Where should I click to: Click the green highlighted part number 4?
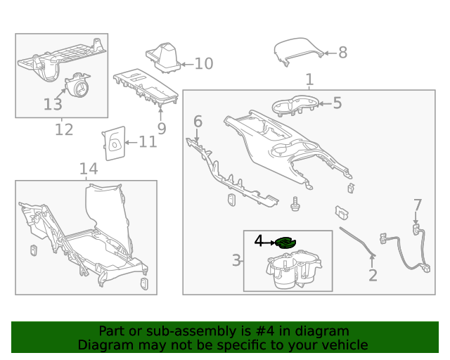pyautogui.click(x=286, y=243)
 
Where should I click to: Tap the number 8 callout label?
pyautogui.click(x=342, y=52)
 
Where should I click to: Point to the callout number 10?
pyautogui.click(x=203, y=64)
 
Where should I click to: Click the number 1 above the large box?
pyautogui.click(x=309, y=79)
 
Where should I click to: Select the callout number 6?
pyautogui.click(x=198, y=122)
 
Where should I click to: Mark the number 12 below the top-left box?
pyautogui.click(x=63, y=129)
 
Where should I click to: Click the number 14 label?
pyautogui.click(x=88, y=169)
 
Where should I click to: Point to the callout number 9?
pyautogui.click(x=161, y=129)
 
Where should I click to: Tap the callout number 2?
pyautogui.click(x=373, y=276)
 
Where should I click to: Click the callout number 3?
pyautogui.click(x=236, y=262)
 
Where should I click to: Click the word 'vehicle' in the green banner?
pyautogui.click(x=343, y=345)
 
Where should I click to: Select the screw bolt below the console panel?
pyautogui.click(x=296, y=204)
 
